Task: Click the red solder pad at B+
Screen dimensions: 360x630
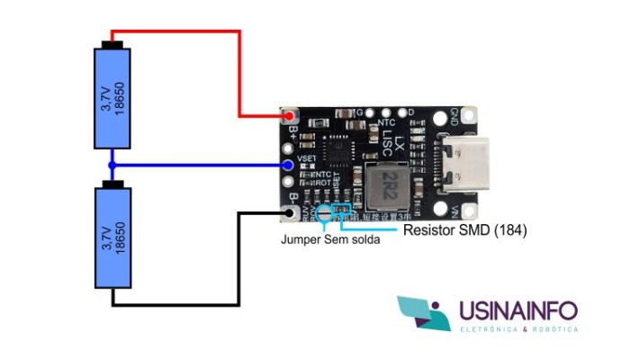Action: (x=289, y=117)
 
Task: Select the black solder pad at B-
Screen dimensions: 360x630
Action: (x=289, y=213)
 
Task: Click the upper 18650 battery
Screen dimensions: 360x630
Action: (x=112, y=97)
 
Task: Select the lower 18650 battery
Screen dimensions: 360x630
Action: (x=112, y=238)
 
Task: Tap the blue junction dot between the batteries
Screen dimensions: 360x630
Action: (x=112, y=166)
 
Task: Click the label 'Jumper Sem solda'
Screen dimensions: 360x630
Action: (x=330, y=240)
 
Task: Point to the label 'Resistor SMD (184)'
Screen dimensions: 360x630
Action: (x=463, y=230)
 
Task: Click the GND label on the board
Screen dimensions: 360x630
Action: (x=454, y=118)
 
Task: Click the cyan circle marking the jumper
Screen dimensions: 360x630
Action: (x=323, y=214)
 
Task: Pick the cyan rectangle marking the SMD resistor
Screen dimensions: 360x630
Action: (x=342, y=211)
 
